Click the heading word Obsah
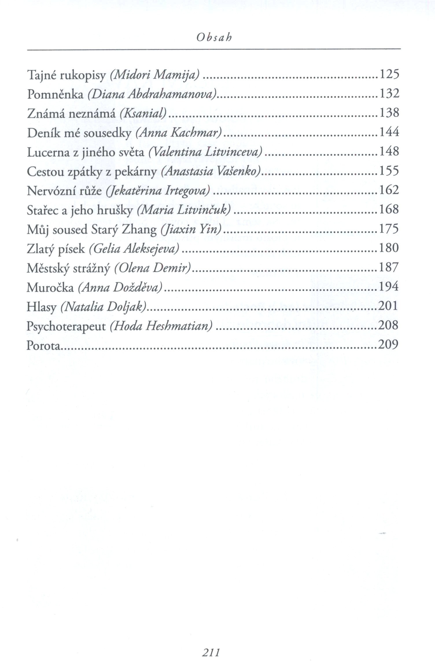click(x=214, y=38)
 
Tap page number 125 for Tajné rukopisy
click(x=389, y=75)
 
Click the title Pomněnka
click(x=55, y=95)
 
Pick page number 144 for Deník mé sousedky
click(x=389, y=132)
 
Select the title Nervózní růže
click(x=64, y=191)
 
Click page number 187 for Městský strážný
click(x=389, y=267)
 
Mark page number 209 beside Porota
click(x=388, y=345)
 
